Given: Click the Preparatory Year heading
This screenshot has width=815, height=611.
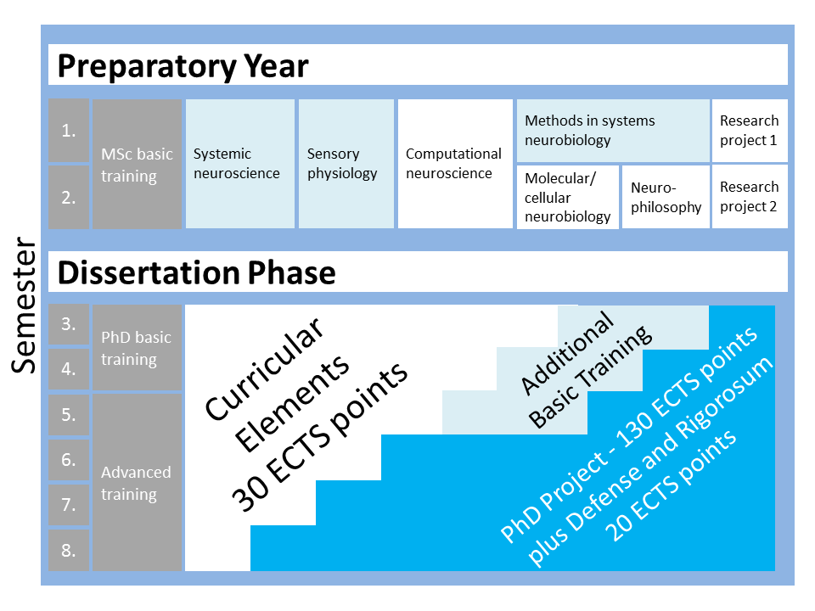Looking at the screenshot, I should point(183,65).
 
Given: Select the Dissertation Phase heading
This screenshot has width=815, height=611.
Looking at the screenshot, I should point(196,272).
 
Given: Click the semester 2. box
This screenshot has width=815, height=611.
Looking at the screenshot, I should point(69,197).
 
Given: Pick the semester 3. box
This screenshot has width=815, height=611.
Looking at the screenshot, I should point(69,324).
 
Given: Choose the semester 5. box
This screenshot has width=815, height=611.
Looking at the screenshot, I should point(69,415).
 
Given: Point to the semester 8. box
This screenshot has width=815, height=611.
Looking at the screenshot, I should point(69,550).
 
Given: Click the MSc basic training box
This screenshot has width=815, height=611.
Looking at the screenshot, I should point(137,165).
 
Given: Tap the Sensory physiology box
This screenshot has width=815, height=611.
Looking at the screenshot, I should point(344,164).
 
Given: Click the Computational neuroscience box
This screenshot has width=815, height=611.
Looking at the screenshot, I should point(454,164).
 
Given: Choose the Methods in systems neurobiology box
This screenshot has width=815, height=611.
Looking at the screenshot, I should point(612,131).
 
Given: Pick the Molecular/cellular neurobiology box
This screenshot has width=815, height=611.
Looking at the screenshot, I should point(567,197).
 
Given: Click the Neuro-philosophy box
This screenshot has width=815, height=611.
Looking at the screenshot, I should point(666,197).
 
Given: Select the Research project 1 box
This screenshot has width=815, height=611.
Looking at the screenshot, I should point(750,131).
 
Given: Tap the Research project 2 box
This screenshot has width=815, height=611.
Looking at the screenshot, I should point(750,197).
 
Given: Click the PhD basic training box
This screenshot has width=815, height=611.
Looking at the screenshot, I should point(137,348).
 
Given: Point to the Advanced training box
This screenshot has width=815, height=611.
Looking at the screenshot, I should point(137,483).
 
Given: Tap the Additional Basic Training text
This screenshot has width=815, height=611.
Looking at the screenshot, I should point(586,369).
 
